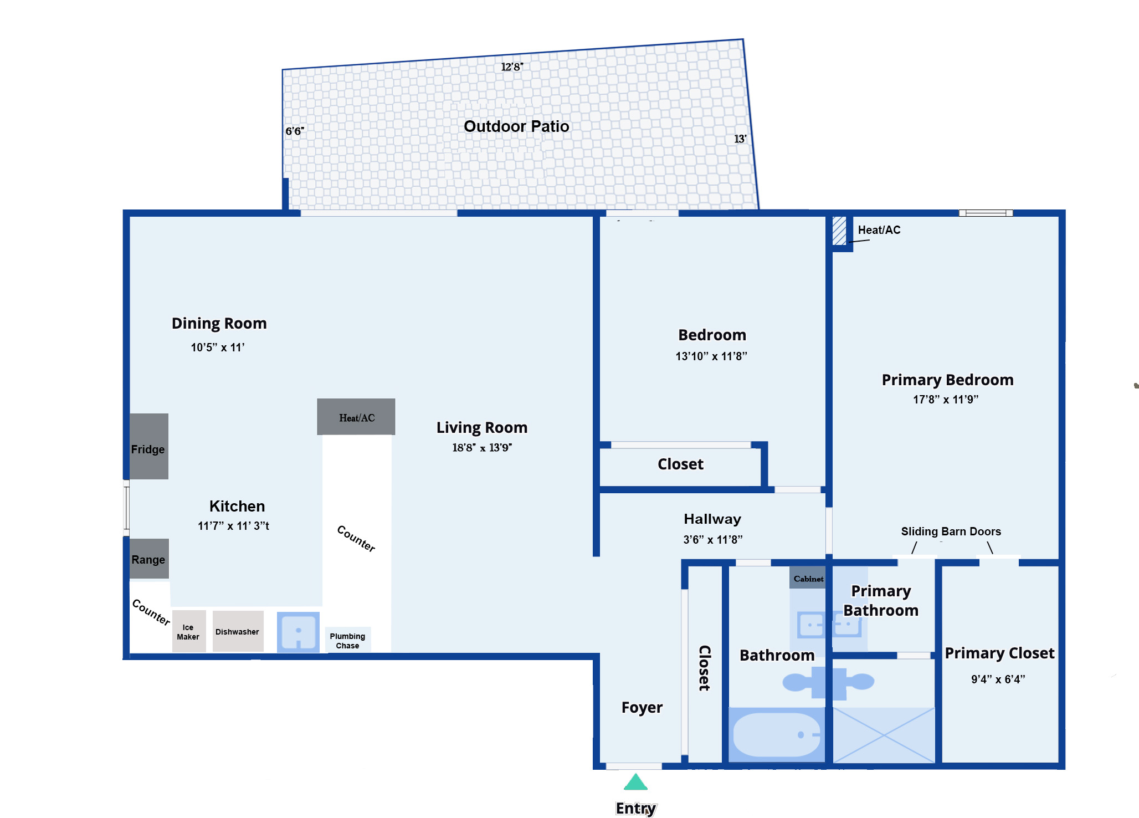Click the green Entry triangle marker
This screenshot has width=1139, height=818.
(635, 782)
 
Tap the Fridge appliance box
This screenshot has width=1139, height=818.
(148, 446)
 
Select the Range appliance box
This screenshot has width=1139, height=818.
(148, 559)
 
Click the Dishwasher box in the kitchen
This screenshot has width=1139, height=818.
(238, 631)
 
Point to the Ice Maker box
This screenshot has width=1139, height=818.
(188, 631)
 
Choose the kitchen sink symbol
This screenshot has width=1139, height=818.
(298, 632)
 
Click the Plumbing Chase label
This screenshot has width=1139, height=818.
(347, 641)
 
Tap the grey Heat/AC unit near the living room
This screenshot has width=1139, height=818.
(356, 417)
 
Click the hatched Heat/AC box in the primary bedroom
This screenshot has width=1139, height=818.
(839, 231)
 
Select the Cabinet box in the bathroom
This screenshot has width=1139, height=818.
(808, 577)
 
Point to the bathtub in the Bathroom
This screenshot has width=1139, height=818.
(777, 734)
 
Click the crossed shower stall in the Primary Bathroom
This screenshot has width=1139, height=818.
(884, 735)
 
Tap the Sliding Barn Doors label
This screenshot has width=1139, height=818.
(951, 531)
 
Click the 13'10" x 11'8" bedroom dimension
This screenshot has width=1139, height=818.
(711, 356)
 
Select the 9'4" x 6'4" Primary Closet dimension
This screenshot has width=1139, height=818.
(998, 679)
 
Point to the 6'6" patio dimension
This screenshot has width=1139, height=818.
(295, 131)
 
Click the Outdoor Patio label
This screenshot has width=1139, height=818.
(516, 126)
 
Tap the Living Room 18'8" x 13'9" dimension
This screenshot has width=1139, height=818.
(482, 447)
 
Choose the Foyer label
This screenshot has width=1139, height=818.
(642, 708)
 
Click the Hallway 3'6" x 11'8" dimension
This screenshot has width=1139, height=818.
(712, 539)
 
